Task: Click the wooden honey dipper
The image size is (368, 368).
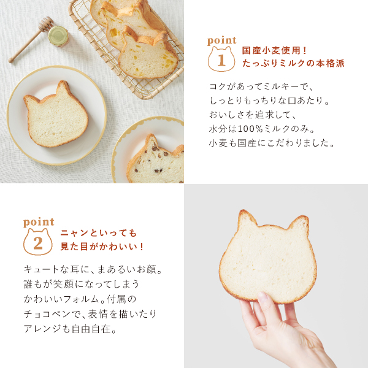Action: pyautogui.click(x=31, y=40)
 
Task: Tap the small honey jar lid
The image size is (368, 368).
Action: pyautogui.click(x=58, y=36)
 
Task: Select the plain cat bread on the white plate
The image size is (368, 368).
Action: pyautogui.click(x=56, y=115)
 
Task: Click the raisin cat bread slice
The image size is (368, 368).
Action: pyautogui.click(x=156, y=159)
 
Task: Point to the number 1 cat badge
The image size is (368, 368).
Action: pyautogui.click(x=221, y=59)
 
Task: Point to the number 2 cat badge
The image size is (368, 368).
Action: pyautogui.click(x=38, y=242)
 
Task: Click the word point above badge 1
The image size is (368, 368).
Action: pyautogui.click(x=221, y=41)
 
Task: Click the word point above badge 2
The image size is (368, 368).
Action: pyautogui.click(x=39, y=222)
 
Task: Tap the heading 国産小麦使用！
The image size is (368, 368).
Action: pyautogui.click(x=274, y=50)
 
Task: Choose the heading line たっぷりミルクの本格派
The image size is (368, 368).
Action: pyautogui.click(x=293, y=63)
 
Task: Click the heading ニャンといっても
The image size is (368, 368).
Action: pyautogui.click(x=99, y=233)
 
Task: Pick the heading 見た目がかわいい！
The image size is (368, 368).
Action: pyautogui.click(x=102, y=247)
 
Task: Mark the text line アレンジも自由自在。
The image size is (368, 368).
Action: pyautogui.click(x=70, y=329)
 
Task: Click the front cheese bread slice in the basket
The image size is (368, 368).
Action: pyautogui.click(x=148, y=56)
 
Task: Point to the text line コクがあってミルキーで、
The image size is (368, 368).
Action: pyautogui.click(x=261, y=87)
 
